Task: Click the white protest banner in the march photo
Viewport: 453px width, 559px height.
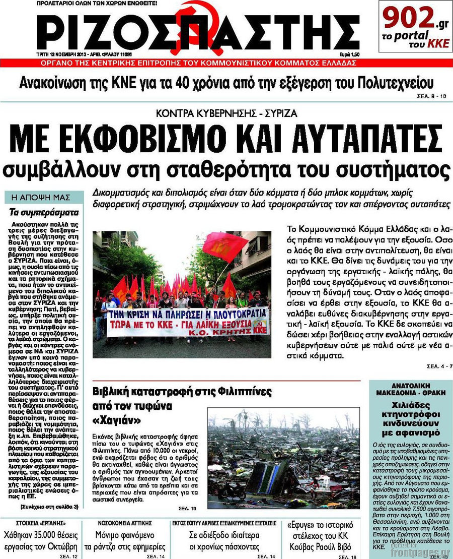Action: pos(182,322)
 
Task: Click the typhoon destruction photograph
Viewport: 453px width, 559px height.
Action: pos(283,458)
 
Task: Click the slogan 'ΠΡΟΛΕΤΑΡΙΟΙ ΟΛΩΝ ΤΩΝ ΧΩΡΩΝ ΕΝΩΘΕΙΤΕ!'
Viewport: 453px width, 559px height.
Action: pos(97,4)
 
